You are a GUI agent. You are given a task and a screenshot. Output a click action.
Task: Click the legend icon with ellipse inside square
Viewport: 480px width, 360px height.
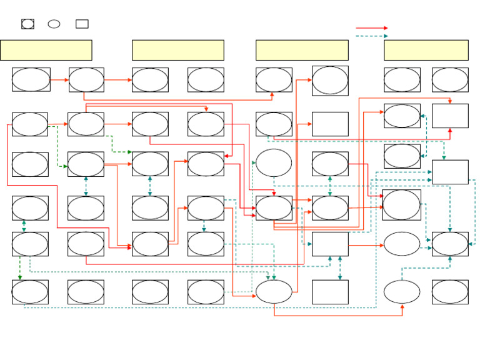tap(28, 24)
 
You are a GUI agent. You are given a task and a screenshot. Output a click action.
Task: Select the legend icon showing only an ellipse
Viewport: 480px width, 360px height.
tap(54, 24)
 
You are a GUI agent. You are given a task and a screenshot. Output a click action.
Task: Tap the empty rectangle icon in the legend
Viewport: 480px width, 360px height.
tap(82, 24)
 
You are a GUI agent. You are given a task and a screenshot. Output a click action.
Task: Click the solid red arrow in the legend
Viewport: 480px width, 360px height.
tap(371, 28)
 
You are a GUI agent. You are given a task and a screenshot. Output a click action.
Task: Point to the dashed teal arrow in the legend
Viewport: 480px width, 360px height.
tap(371, 36)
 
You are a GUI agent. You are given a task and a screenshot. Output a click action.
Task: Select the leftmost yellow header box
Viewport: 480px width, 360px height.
tap(46, 50)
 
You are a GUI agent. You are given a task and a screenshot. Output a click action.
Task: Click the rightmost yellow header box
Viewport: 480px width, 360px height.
tap(426, 50)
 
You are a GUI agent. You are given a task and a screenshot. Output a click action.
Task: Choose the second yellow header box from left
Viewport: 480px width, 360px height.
tap(178, 50)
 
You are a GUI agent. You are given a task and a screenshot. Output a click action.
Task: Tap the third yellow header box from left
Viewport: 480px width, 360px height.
tap(302, 50)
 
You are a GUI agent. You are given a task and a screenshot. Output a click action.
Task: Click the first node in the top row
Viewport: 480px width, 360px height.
tap(31, 80)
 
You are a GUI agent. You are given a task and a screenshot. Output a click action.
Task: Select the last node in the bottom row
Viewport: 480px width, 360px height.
tap(450, 292)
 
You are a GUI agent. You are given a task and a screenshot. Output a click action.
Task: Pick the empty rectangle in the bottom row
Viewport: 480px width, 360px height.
tap(330, 292)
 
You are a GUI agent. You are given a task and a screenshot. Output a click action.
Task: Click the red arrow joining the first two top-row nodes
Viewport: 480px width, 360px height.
tap(59, 80)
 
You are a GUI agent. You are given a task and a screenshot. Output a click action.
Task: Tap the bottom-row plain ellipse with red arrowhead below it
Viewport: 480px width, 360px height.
tap(402, 291)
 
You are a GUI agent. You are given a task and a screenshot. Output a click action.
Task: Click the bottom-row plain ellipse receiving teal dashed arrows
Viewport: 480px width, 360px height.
tap(274, 292)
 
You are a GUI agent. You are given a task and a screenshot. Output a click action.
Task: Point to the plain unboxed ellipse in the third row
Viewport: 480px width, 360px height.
tap(274, 162)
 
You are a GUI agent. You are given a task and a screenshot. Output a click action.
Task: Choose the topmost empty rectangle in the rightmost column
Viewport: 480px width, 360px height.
tap(450, 116)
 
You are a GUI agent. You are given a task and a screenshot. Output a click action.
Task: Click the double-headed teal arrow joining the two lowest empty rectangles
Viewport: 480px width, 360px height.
tap(340, 268)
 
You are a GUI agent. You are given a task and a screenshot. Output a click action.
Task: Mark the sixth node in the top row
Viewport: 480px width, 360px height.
tap(330, 81)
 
